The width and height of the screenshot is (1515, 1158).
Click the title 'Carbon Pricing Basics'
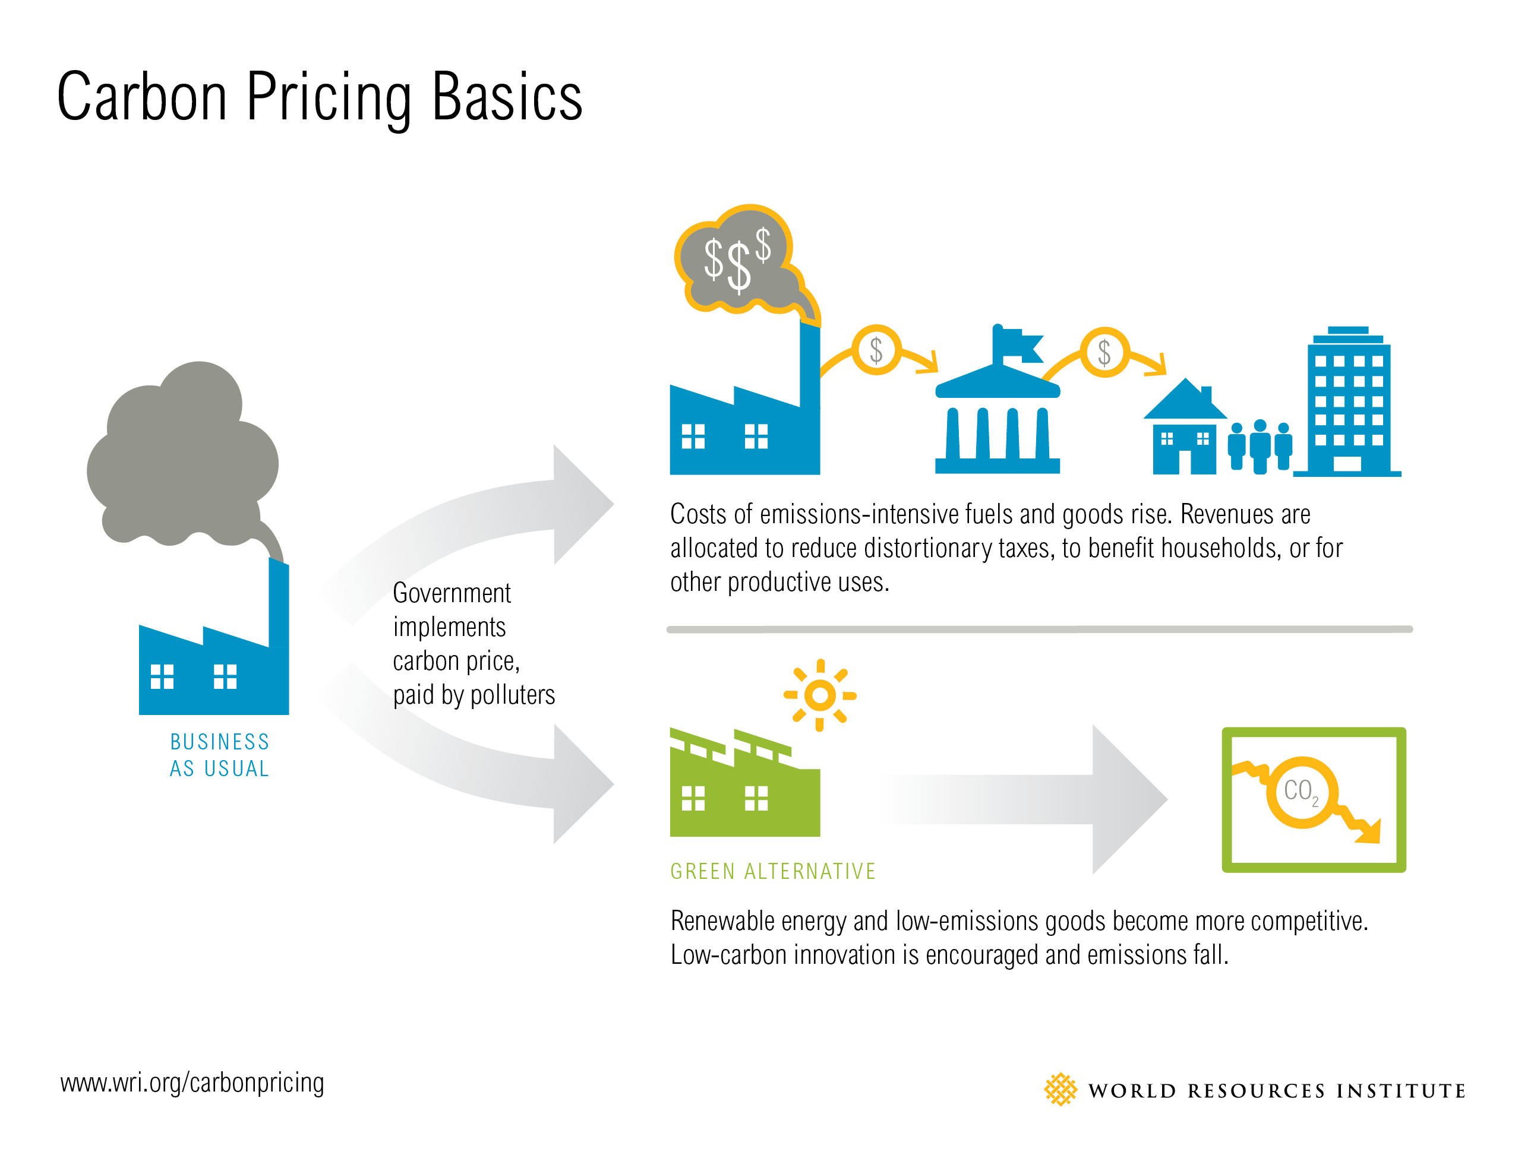pyautogui.click(x=319, y=98)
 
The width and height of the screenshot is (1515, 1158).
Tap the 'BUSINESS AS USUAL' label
pyautogui.click(x=219, y=755)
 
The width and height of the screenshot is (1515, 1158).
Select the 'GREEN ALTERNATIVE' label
pyautogui.click(x=772, y=871)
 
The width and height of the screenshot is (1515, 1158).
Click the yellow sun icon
pyautogui.click(x=820, y=695)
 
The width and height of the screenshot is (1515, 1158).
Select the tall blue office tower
pyautogui.click(x=1347, y=402)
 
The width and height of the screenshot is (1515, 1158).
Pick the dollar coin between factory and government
pyautogui.click(x=876, y=350)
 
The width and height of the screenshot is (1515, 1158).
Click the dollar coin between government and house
pyautogui.click(x=1104, y=352)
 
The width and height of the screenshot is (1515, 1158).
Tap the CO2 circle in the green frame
pyautogui.click(x=1301, y=792)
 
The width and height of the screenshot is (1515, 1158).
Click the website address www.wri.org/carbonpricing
pyautogui.click(x=192, y=1083)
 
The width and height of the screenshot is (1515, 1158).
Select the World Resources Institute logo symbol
pyautogui.click(x=1060, y=1090)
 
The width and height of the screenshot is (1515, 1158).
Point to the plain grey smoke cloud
pyautogui.click(x=184, y=455)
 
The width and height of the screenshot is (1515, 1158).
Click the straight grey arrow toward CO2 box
pyautogui.click(x=1024, y=799)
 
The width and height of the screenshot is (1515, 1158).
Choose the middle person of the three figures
pyautogui.click(x=1260, y=447)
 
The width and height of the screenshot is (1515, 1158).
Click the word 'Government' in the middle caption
pyautogui.click(x=452, y=593)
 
